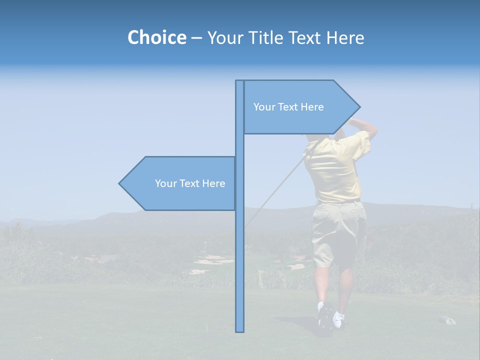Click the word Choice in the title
[x=156, y=37]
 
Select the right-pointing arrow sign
[x=300, y=107]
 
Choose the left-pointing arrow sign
[x=180, y=183]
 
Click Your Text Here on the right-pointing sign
[x=288, y=107]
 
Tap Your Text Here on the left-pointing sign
[x=190, y=183]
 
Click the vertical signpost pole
[x=239, y=250]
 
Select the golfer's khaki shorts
[x=336, y=230]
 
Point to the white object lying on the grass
[x=447, y=320]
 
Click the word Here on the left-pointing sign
[x=213, y=183]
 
